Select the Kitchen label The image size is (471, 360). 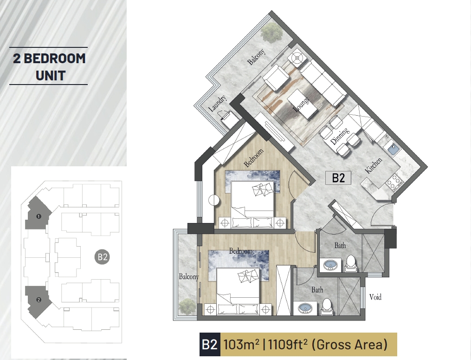pyautogui.click(x=374, y=165)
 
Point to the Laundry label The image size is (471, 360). pyautogui.click(x=217, y=104)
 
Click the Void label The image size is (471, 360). pyautogui.click(x=375, y=297)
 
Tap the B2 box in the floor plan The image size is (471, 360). pyautogui.click(x=338, y=178)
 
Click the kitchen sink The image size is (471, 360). pyautogui.click(x=393, y=149)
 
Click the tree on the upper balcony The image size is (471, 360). pyautogui.click(x=272, y=32)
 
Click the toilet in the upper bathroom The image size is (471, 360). pyautogui.click(x=350, y=264)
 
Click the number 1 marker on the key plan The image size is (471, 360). pyautogui.click(x=39, y=216)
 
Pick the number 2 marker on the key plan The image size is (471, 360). pyautogui.click(x=39, y=300)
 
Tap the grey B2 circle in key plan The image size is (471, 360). pyautogui.click(x=102, y=257)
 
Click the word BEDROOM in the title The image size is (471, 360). pyautogui.click(x=55, y=59)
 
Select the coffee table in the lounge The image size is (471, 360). pyautogui.click(x=302, y=104)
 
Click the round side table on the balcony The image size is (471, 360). pyautogui.click(x=297, y=59)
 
